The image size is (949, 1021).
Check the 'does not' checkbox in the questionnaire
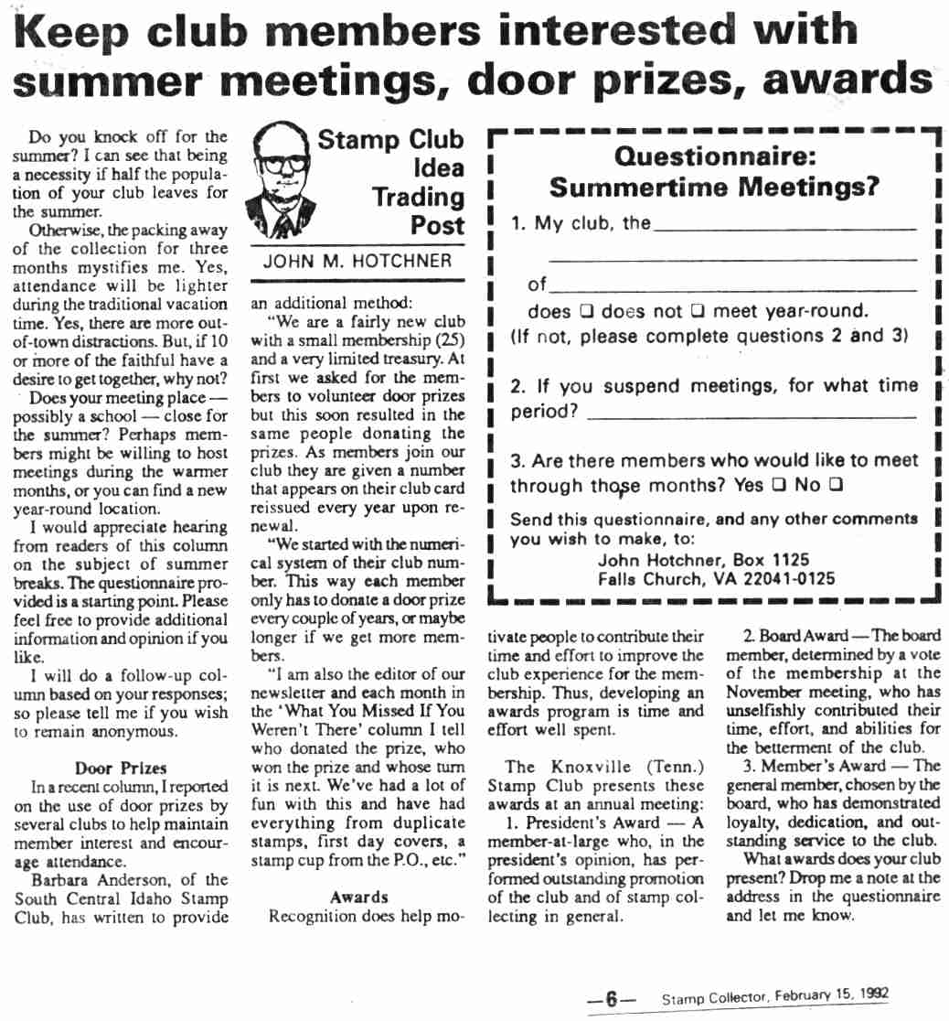pos(695,312)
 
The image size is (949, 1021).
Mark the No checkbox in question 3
pos(835,486)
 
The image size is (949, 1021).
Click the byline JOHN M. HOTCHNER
pos(357,261)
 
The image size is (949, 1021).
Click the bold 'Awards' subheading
pos(359,897)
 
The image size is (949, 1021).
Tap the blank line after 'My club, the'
pos(784,228)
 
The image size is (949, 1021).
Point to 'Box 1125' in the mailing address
pos(777,560)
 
